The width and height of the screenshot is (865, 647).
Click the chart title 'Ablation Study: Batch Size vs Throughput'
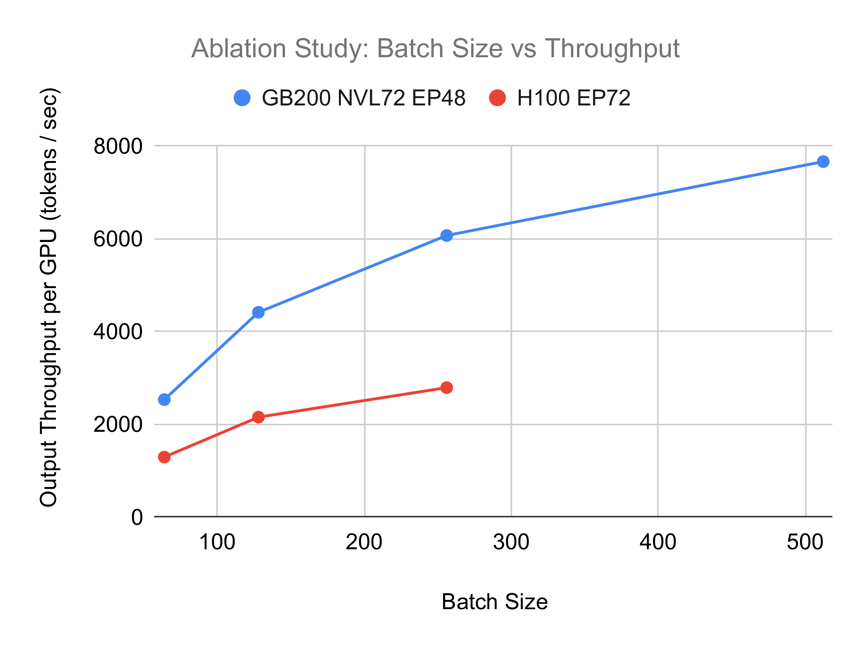coord(435,49)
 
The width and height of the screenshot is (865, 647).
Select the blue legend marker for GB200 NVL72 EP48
coord(242,98)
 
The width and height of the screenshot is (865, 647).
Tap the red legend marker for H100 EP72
coord(497,98)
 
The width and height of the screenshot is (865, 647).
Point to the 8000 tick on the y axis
coord(118,147)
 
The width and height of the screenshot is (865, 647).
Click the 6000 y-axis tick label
coord(118,239)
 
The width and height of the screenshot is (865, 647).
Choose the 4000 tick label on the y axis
coord(118,332)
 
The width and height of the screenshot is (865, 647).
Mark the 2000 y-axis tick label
coord(118,424)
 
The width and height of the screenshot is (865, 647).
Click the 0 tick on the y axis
coord(137,517)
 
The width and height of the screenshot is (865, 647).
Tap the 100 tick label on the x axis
coord(217,542)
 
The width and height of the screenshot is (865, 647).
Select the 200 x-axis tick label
coord(364,542)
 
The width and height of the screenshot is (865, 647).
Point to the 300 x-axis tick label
coord(511,542)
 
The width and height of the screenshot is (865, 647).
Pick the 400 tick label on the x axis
coord(658,542)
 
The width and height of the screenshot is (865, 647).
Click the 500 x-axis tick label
coord(805,542)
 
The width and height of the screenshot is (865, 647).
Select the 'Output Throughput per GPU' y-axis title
coord(49,298)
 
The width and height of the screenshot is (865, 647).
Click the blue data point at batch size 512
coord(823,161)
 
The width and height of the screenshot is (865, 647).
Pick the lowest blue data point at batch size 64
coord(164,400)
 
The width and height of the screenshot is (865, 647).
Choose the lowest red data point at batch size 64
coord(164,457)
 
